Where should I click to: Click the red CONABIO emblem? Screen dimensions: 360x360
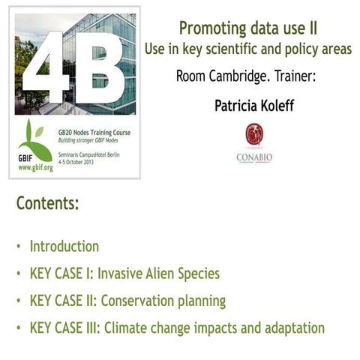(x=254, y=134)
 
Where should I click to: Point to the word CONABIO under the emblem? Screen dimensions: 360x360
(x=254, y=158)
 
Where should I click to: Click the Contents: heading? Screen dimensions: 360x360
(x=47, y=203)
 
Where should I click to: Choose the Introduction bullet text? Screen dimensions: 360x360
(x=64, y=247)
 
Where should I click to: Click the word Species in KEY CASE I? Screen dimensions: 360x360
(x=196, y=274)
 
